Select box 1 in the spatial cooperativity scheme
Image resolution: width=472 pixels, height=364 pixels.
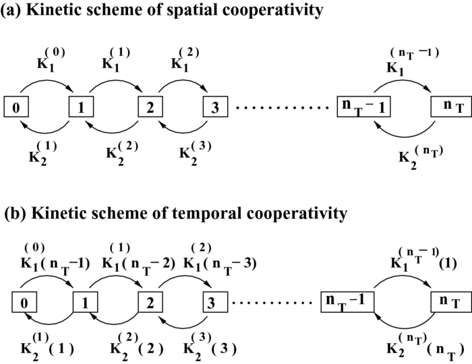[x=80, y=106]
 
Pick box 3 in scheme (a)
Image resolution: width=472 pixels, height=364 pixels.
[x=214, y=106]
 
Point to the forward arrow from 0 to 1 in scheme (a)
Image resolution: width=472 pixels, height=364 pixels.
[x=47, y=87]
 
